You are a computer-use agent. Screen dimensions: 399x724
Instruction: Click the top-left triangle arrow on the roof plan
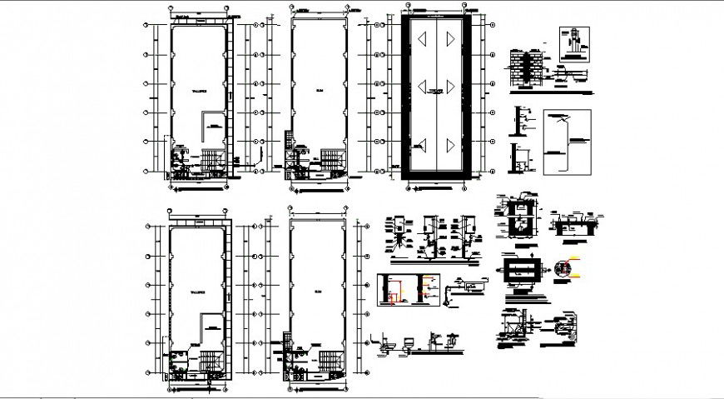(x=421, y=37)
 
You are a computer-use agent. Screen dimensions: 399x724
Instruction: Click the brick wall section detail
(x=523, y=67)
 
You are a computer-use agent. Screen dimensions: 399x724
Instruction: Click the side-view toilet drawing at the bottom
(x=389, y=342)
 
